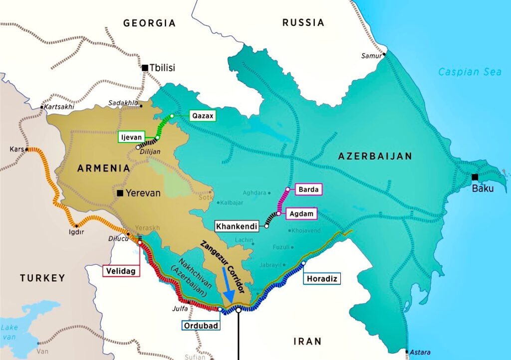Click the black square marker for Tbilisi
pos(145,68)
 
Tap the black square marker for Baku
pos(475,177)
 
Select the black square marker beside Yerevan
pos(120,193)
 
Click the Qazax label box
pos(203,116)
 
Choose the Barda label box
pos(309,189)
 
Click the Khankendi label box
pos(237,226)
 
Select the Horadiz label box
pos(321,278)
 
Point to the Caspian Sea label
pos(470,72)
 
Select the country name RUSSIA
pos(303,22)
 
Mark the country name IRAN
pos(308,341)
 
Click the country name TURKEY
pos(42,278)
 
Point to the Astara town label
pos(420,352)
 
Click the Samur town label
pos(371,56)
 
